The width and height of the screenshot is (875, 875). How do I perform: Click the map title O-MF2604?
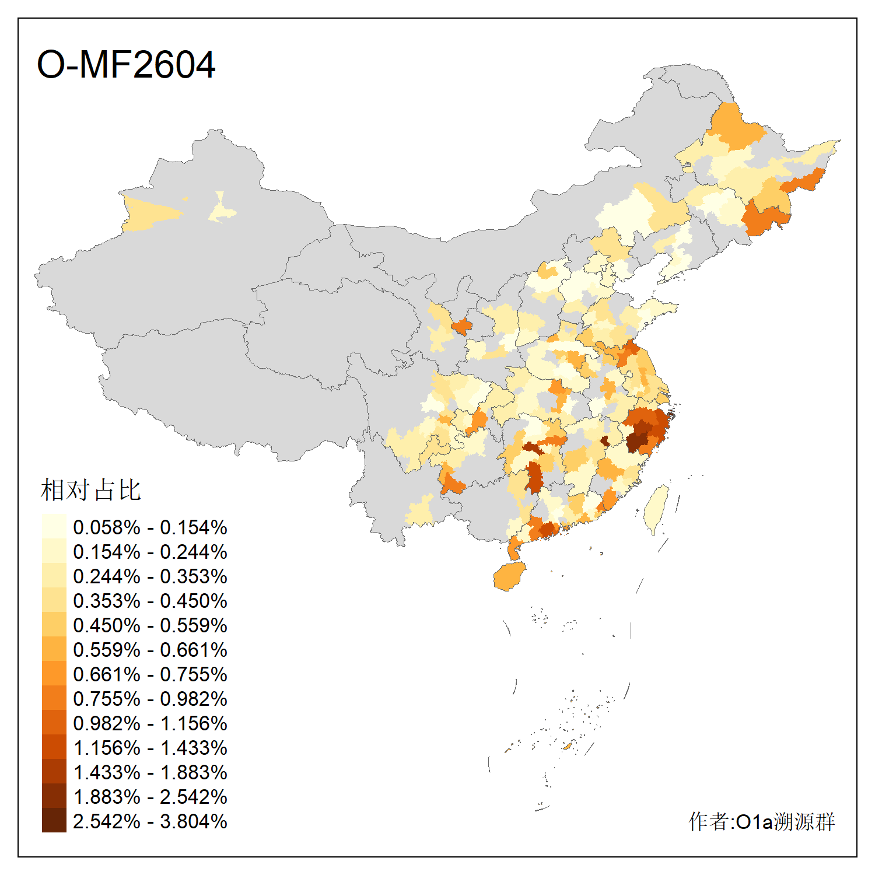pyautogui.click(x=126, y=64)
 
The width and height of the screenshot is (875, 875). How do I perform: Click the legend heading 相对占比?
pyautogui.click(x=91, y=490)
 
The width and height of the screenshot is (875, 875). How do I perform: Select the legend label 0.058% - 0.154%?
pyautogui.click(x=150, y=527)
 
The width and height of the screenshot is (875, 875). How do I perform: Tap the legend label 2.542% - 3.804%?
pyautogui.click(x=150, y=821)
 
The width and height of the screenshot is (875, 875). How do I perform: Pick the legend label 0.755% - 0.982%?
pyautogui.click(x=150, y=699)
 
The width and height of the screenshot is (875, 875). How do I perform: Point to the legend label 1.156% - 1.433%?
pyautogui.click(x=150, y=748)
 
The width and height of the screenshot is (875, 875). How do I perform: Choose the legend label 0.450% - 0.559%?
pyautogui.click(x=150, y=625)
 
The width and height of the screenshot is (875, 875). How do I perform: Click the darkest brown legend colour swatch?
pyautogui.click(x=54, y=821)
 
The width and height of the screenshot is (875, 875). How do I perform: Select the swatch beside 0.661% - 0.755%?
pyautogui.click(x=54, y=674)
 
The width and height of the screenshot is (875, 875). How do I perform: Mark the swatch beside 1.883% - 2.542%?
pyautogui.click(x=54, y=796)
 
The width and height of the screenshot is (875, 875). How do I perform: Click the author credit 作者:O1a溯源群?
pyautogui.click(x=761, y=821)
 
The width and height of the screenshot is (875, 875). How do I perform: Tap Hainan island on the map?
pyautogui.click(x=509, y=576)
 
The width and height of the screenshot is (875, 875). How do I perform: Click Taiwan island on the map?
pyautogui.click(x=657, y=508)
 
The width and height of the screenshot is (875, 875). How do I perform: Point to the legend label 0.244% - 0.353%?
pyautogui.click(x=150, y=576)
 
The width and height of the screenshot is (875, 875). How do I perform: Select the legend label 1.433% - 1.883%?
pyautogui.click(x=150, y=772)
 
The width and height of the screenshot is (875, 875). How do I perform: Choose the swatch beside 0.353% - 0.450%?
pyautogui.click(x=54, y=600)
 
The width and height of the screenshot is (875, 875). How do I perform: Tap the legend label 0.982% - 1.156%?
pyautogui.click(x=150, y=723)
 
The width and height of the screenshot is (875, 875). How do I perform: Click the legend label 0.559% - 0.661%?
pyautogui.click(x=150, y=650)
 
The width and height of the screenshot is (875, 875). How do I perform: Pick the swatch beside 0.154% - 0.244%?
pyautogui.click(x=54, y=551)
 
